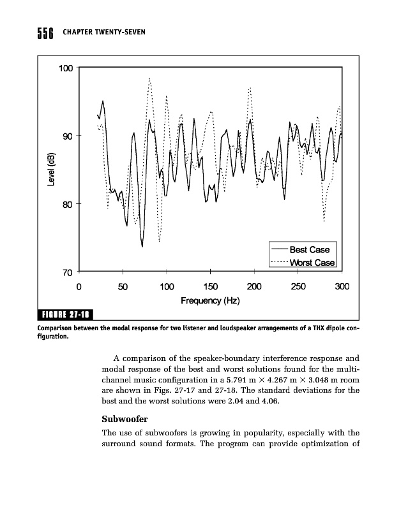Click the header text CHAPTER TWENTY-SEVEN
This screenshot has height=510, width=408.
(104, 33)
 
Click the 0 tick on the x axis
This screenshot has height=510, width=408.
(79, 286)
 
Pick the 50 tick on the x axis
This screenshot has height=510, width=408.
(123, 286)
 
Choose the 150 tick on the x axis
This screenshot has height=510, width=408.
(210, 286)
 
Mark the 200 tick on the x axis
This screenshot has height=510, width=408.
(254, 286)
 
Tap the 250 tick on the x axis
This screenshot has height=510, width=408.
(298, 286)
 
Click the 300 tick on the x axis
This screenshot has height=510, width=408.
(342, 286)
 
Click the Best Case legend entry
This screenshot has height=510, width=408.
(309, 249)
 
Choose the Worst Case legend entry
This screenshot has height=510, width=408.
(312, 262)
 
